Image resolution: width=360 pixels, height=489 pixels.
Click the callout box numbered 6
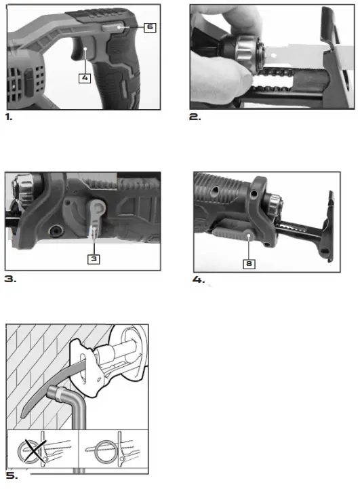point(150,27)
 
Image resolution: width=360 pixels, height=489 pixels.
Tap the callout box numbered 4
point(85,77)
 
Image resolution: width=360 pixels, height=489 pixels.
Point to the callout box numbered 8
point(249,262)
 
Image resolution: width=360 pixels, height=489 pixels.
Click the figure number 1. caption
point(9,117)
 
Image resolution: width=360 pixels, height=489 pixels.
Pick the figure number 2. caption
point(195,117)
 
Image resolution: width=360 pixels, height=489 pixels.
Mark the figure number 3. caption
point(10,279)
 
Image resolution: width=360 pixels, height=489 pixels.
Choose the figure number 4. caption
point(199,279)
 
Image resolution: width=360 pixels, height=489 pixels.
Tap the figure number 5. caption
point(10,475)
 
